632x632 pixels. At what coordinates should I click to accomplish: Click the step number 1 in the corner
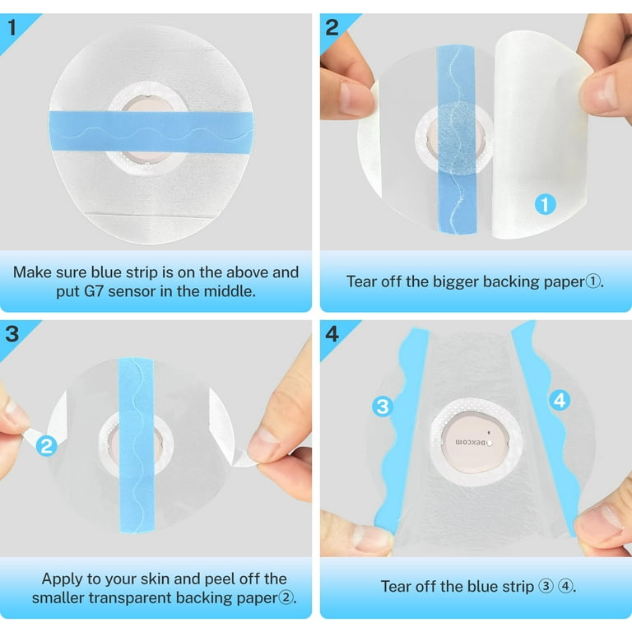click(x=12, y=27)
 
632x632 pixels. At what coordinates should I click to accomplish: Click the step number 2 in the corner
click(x=332, y=27)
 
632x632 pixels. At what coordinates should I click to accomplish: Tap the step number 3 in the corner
click(x=12, y=334)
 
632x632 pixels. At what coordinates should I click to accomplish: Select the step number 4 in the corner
click(x=332, y=334)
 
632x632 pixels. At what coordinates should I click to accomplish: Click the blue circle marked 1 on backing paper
click(x=545, y=204)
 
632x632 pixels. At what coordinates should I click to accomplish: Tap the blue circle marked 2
click(x=47, y=446)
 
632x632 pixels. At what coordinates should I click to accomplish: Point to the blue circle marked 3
click(x=383, y=407)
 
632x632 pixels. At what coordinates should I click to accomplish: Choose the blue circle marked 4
click(x=560, y=401)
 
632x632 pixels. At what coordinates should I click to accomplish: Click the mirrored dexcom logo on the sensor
click(x=471, y=442)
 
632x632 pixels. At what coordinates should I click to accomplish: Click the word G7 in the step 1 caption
click(x=94, y=291)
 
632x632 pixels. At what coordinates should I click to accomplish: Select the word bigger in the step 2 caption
click(x=456, y=282)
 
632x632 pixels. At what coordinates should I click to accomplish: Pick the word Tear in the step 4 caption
click(x=395, y=587)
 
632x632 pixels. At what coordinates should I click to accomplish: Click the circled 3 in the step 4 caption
click(x=546, y=587)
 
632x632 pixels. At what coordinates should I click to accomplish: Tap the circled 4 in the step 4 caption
click(x=566, y=587)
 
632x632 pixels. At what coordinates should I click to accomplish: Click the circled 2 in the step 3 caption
click(x=286, y=597)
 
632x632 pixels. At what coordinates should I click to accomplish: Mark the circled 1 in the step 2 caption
click(x=592, y=281)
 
